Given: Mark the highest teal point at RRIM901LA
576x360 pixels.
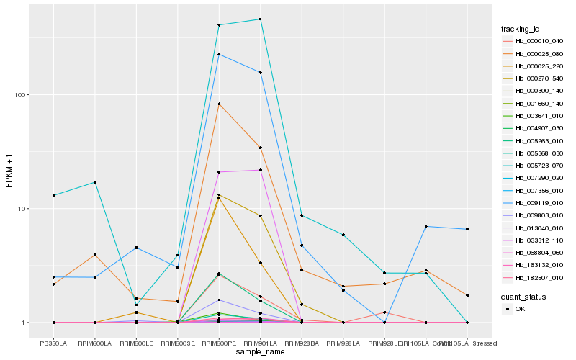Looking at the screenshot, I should (x=260, y=19).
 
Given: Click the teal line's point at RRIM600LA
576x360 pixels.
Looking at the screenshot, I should (x=94, y=182).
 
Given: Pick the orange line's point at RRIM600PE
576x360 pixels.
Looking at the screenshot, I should (x=219, y=104).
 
